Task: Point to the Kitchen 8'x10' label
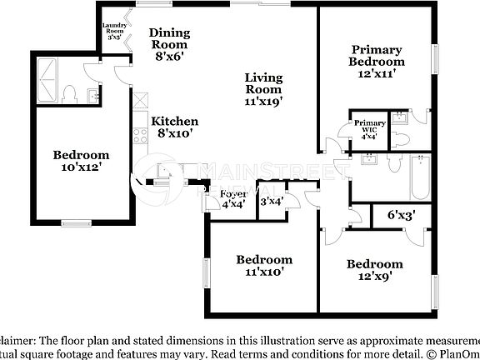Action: [174, 127]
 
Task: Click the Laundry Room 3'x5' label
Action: [113, 32]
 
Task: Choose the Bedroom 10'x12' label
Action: [81, 161]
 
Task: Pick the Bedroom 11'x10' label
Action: [263, 266]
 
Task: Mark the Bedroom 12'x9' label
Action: [375, 271]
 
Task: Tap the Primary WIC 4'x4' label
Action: [370, 130]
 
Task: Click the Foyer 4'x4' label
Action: [233, 200]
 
